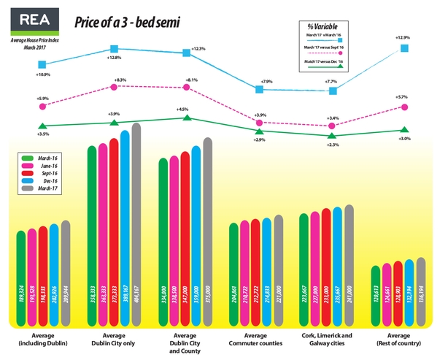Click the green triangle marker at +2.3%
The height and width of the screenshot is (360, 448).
pyautogui.click(x=333, y=135)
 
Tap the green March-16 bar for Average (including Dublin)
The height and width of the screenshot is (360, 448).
pyautogui.click(x=20, y=277)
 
